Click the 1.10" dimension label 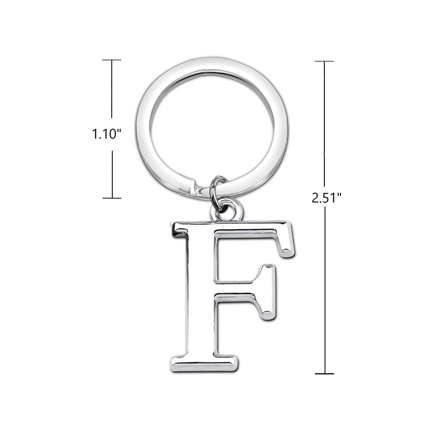pos(107,134)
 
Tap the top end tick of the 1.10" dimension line pos(112,60)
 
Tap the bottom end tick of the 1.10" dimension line pos(112,198)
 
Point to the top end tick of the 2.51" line pos(324,61)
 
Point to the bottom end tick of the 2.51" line pos(324,373)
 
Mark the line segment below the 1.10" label pos(112,174)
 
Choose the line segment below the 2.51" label pos(324,289)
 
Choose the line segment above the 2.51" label pos(324,122)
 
